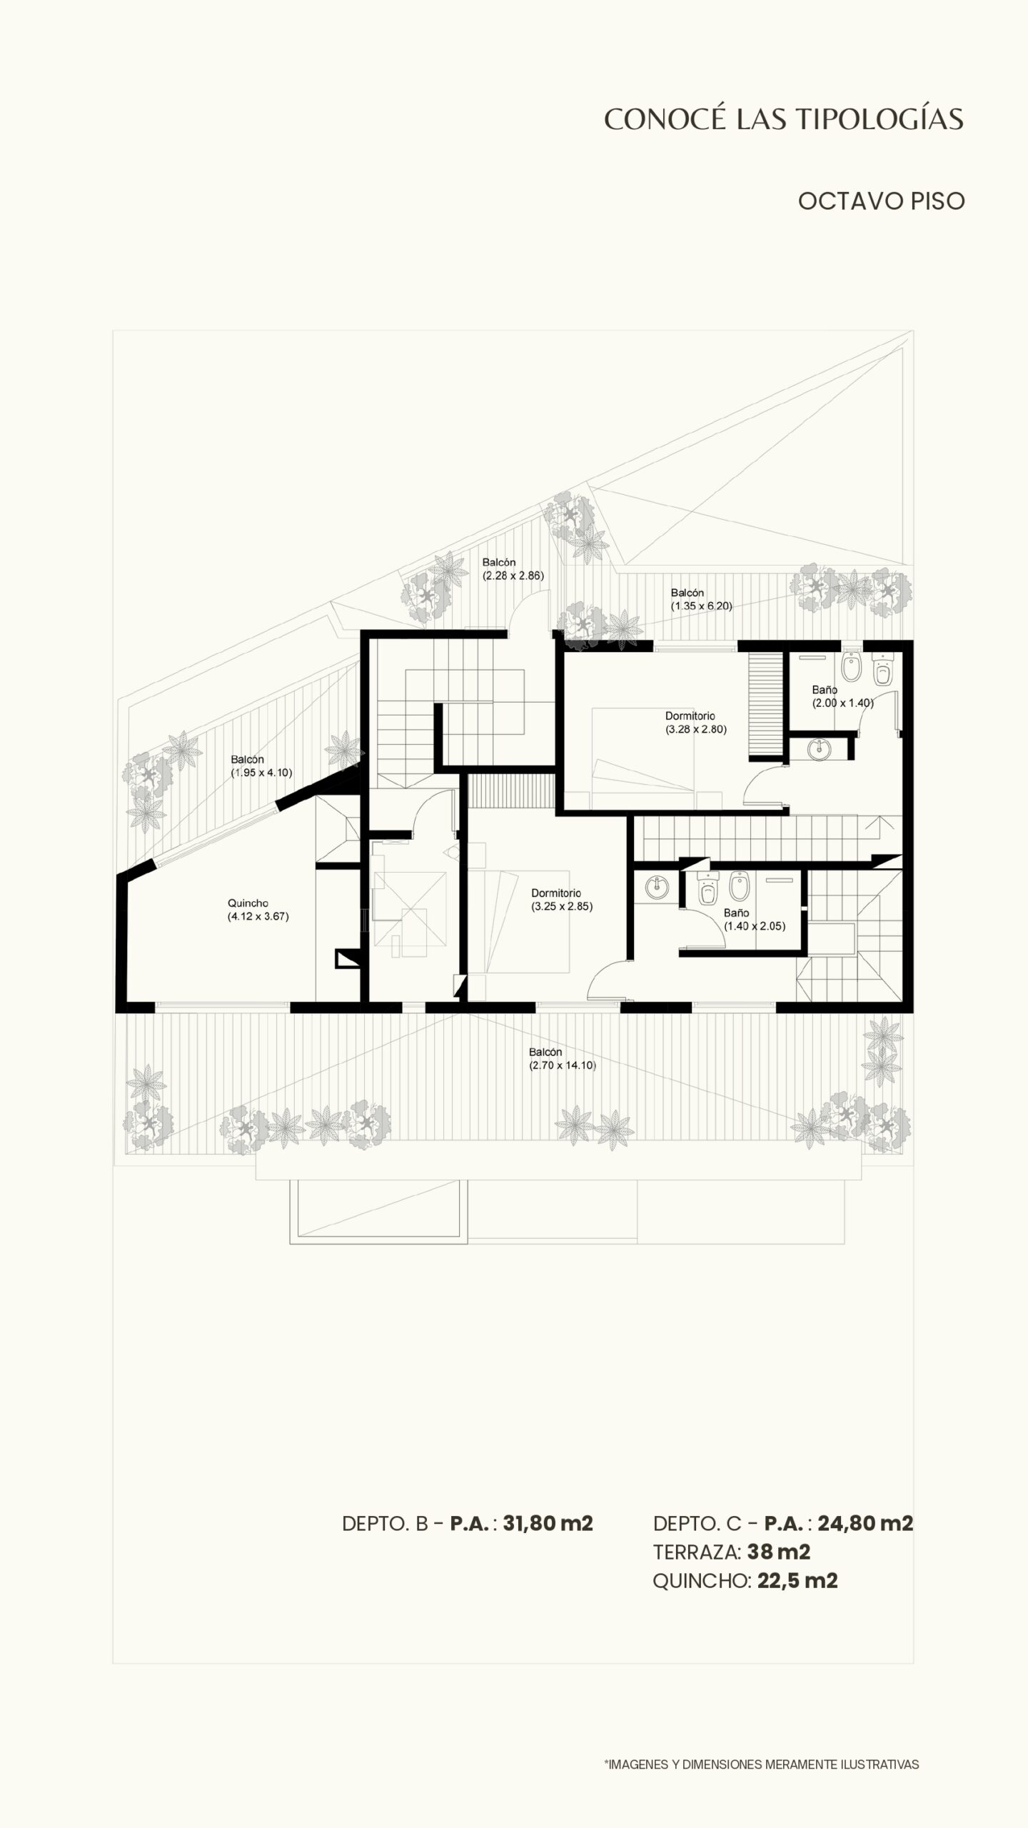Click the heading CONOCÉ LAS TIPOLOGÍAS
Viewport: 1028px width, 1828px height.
(784, 119)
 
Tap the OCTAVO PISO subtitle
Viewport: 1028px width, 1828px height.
(881, 201)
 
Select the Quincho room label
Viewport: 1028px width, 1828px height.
(248, 903)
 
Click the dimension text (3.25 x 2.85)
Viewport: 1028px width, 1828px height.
(562, 907)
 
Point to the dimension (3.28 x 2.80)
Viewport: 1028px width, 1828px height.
(696, 729)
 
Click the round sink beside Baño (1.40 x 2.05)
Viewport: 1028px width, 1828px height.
(657, 888)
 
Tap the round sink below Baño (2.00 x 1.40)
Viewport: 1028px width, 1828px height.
(820, 748)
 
